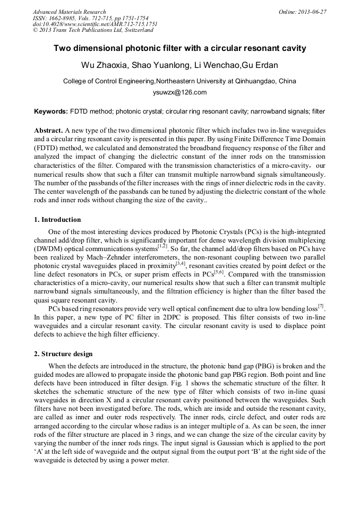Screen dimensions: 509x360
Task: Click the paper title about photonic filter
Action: click(180, 48)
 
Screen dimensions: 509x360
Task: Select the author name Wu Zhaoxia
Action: click(103, 65)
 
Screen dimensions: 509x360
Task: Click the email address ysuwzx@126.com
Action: click(179, 92)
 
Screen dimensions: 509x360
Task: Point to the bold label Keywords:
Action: click(50, 112)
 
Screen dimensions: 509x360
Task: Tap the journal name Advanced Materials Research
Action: click(69, 12)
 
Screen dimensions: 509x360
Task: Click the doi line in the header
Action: click(95, 24)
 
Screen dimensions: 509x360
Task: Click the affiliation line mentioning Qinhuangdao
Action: click(179, 81)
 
